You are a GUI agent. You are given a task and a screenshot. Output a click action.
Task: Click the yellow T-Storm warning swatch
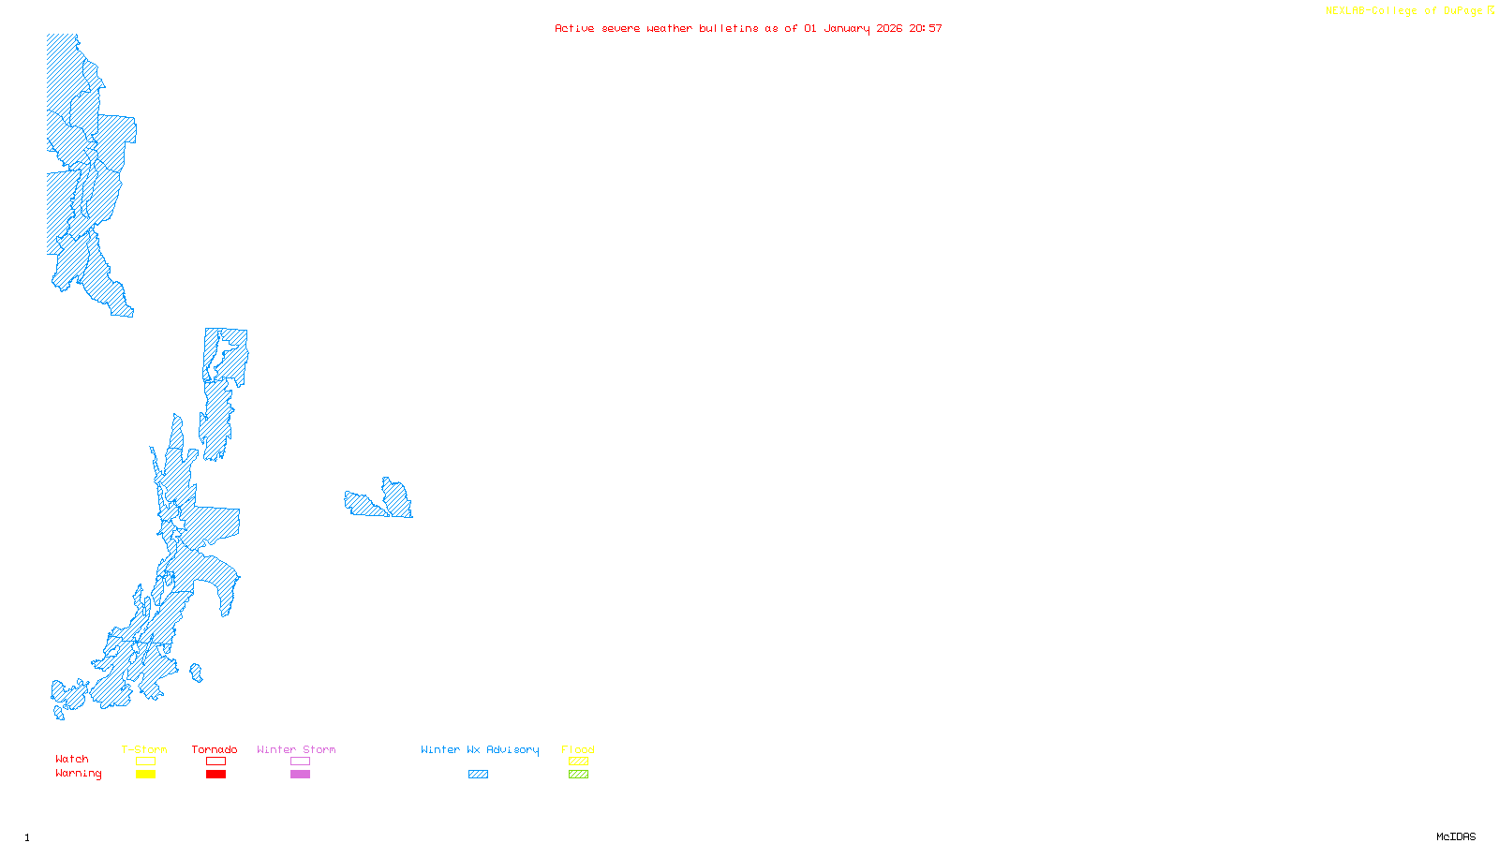(x=145, y=775)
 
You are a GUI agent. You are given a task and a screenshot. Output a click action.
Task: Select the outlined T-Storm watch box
(x=145, y=762)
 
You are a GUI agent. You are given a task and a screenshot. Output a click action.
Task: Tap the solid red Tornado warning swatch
(x=215, y=775)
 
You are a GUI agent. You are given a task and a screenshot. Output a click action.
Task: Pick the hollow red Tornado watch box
(x=215, y=762)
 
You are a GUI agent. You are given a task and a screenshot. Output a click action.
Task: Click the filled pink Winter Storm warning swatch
(x=300, y=775)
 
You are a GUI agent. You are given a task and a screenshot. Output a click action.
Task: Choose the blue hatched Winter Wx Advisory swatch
(x=478, y=775)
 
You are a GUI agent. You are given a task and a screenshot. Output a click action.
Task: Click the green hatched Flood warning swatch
(x=578, y=775)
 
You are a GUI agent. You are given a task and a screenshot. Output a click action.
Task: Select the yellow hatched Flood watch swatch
(x=578, y=762)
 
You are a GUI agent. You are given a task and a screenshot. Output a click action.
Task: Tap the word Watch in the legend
(x=72, y=759)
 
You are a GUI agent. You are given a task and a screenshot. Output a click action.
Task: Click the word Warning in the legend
(x=78, y=774)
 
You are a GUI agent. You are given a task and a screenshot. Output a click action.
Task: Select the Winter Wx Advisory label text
(x=480, y=749)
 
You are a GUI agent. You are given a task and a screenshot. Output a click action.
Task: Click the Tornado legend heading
(x=215, y=749)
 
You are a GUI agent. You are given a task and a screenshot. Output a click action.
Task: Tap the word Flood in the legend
(x=578, y=749)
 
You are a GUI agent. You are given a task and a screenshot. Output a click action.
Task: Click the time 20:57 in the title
(x=926, y=28)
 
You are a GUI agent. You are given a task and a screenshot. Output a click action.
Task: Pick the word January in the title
(x=847, y=28)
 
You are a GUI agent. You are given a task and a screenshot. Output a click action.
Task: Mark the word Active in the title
(x=574, y=28)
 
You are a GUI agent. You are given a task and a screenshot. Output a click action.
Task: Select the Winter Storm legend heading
(x=296, y=749)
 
